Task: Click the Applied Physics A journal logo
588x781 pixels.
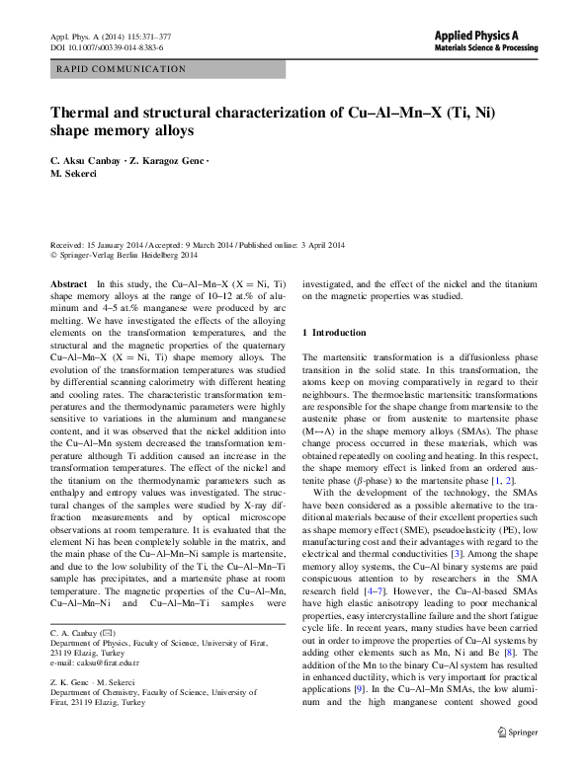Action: (x=493, y=33)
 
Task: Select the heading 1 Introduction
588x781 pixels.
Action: (x=339, y=332)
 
